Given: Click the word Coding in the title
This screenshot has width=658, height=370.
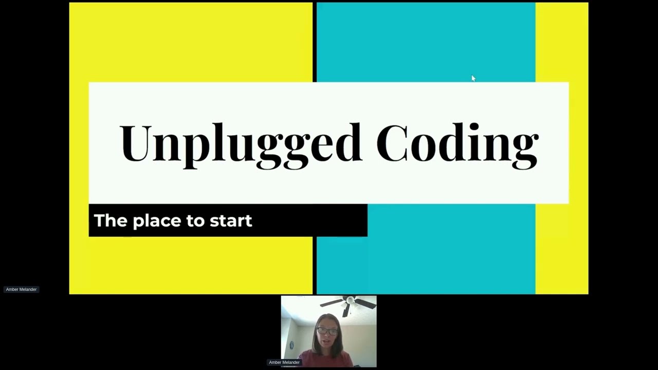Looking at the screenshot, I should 457,143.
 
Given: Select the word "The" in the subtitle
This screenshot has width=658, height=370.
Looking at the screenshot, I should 111,220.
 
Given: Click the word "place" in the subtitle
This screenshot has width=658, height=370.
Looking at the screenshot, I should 156,221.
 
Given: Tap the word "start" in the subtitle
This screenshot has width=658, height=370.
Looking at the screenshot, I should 231,221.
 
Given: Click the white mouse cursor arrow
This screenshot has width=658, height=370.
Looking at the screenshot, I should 473,79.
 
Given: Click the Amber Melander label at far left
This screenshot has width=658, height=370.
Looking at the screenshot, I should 21,289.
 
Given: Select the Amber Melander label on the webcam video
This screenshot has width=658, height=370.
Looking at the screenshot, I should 284,362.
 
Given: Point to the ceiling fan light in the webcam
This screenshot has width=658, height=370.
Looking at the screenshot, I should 350,300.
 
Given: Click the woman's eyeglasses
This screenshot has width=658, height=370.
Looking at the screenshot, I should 327,331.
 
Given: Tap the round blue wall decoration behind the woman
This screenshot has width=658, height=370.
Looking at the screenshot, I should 291,345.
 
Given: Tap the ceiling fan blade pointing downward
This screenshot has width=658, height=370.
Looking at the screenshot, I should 346,310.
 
